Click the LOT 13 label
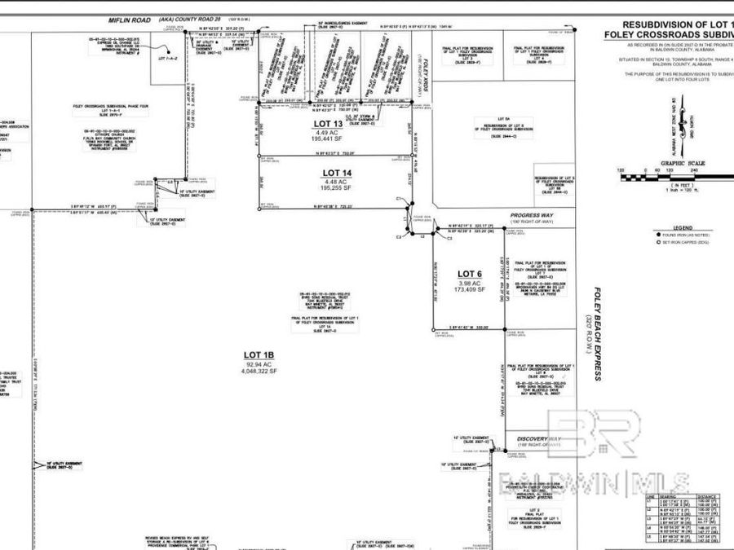[331, 124]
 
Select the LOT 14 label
[337, 173]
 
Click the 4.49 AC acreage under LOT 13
[331, 133]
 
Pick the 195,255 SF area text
[336, 188]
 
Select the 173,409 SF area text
[470, 289]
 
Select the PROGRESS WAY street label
[531, 215]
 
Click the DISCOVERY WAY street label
[539, 440]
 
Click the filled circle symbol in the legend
[658, 234]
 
